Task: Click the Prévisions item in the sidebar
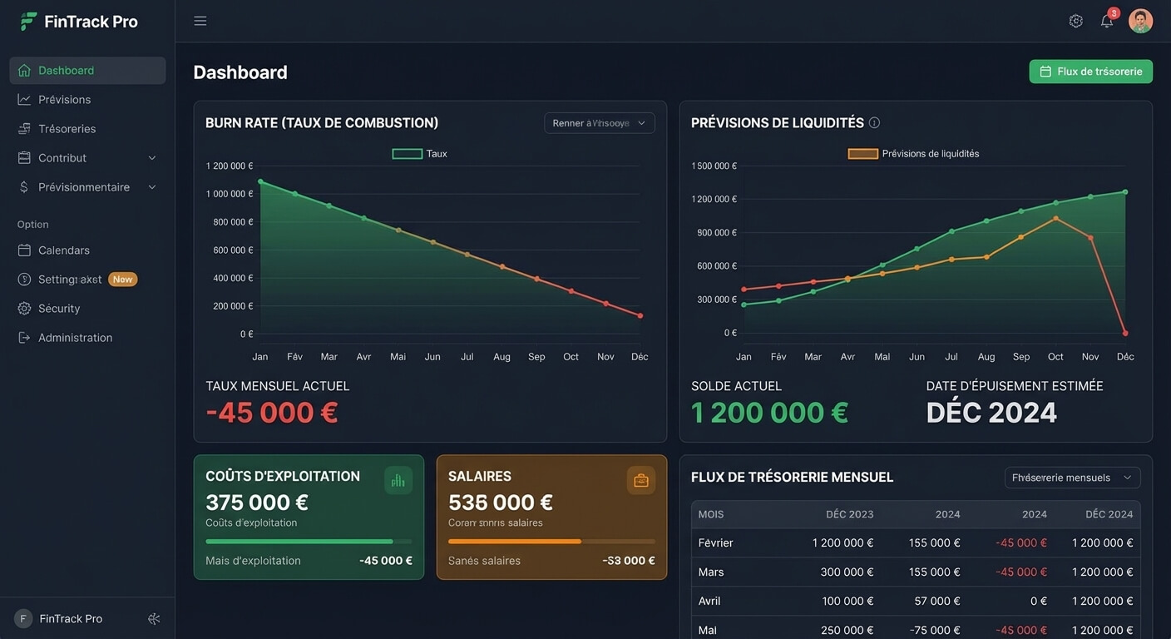point(64,100)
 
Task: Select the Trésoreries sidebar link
point(67,129)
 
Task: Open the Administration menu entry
point(75,338)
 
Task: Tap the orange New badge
point(123,280)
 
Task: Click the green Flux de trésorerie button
point(1090,72)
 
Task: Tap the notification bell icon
point(1107,22)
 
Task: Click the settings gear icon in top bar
point(1076,21)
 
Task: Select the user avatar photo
point(1140,21)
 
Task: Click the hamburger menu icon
point(200,21)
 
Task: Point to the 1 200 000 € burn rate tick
point(230,166)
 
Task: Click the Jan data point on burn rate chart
point(261,181)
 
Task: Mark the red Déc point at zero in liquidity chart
point(1125,333)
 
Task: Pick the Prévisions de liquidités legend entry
point(913,154)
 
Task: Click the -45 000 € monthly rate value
point(272,413)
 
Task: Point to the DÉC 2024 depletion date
point(991,413)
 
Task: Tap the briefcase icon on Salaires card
point(641,480)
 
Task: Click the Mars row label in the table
point(711,572)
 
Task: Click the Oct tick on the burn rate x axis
point(571,357)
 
